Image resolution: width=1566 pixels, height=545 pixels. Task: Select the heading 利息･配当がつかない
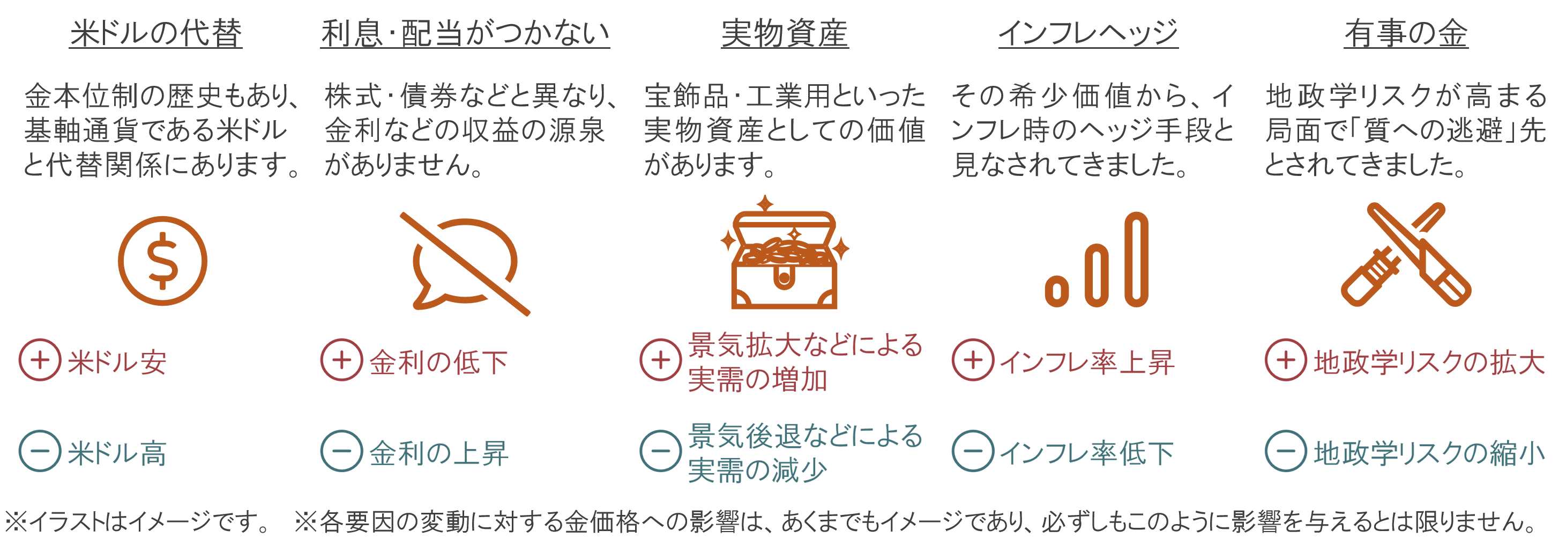(465, 33)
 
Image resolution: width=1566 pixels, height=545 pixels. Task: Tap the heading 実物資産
(784, 33)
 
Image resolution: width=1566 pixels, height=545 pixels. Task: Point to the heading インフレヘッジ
(1087, 33)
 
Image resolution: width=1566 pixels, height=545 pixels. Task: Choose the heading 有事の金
(1406, 33)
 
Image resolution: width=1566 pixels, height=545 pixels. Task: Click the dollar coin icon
(162, 260)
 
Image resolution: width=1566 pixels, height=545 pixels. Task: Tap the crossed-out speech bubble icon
(465, 263)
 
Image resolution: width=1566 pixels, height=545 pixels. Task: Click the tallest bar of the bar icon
(1136, 259)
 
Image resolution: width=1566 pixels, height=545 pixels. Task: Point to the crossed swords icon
(1406, 255)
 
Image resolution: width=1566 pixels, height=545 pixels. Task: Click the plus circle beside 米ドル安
(40, 359)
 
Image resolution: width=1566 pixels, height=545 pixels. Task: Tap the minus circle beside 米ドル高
(40, 451)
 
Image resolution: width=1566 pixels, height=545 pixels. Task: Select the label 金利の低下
(438, 363)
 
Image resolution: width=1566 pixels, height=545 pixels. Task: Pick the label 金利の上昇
(438, 454)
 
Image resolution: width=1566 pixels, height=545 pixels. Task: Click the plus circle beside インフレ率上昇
(973, 359)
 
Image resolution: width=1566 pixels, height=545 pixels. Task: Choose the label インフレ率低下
(1086, 454)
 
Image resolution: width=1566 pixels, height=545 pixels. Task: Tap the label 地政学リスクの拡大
(1429, 363)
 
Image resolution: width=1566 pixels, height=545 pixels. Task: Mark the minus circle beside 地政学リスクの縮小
(1285, 451)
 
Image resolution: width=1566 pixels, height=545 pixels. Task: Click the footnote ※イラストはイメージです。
(137, 522)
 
